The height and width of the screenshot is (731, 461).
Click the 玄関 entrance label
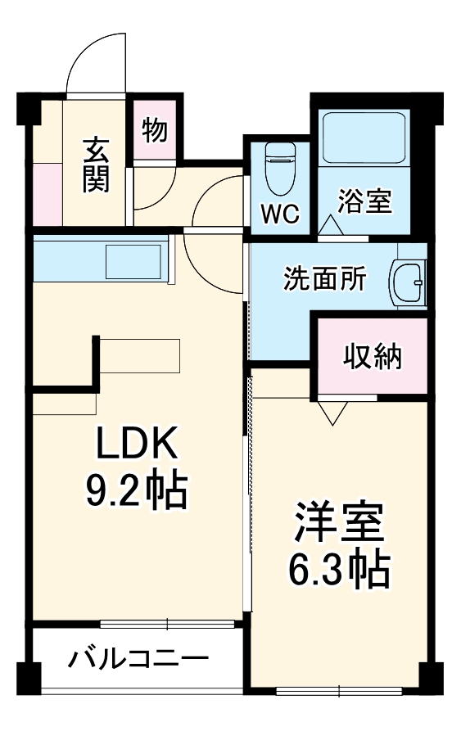(96, 165)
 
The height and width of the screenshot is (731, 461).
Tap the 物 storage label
(155, 130)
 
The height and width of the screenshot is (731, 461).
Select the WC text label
(280, 214)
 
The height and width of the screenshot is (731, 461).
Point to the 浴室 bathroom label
(366, 201)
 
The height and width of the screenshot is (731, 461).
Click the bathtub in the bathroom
(364, 138)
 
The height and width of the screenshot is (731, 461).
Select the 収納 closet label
(373, 356)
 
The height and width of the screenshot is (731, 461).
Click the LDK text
(137, 445)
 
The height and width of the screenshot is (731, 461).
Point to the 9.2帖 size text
(137, 490)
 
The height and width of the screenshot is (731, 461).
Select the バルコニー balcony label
(138, 658)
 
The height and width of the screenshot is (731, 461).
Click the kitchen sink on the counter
(133, 261)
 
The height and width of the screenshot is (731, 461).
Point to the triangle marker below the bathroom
(331, 226)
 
